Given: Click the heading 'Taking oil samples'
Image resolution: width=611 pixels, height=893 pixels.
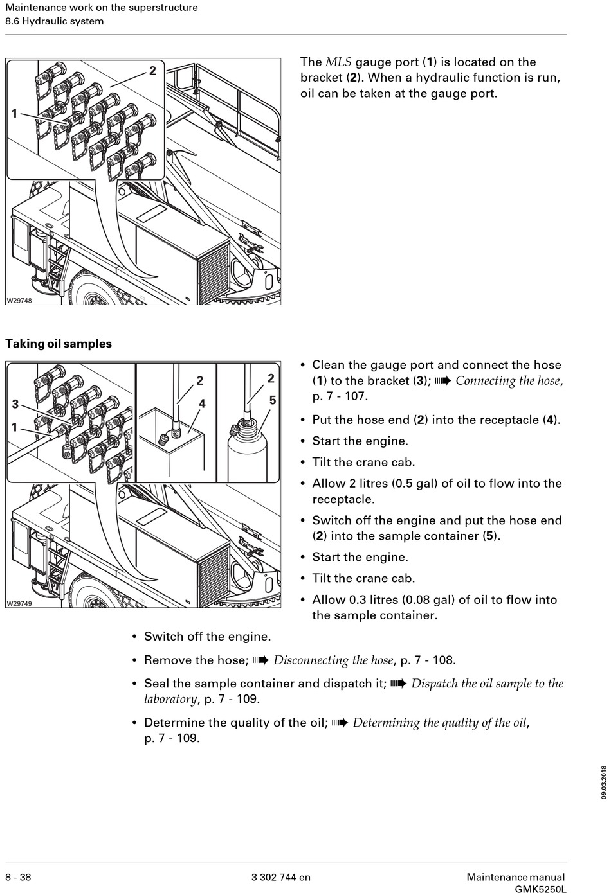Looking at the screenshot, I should coord(59,344).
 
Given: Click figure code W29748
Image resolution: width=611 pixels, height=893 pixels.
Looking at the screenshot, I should coord(19,300).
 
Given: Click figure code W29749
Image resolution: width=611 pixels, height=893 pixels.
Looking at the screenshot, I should coord(19,603).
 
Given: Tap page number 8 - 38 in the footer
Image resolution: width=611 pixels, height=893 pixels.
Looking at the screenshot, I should coord(18,877).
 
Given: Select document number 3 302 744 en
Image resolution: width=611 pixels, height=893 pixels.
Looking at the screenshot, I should coord(280,877).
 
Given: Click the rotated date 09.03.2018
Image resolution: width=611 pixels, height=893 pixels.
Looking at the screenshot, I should coord(604,782).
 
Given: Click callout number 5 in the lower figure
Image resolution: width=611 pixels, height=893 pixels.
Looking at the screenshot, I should coord(273,400).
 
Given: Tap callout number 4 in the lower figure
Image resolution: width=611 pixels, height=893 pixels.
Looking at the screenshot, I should coord(202,403).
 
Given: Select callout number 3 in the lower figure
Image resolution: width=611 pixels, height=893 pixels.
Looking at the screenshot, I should coord(15,404).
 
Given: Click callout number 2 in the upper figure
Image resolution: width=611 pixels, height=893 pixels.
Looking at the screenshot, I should coord(152,71).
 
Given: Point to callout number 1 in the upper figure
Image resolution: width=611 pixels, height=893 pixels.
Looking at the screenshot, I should coord(14,114).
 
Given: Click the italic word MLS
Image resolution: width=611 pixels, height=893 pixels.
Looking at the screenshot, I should coord(338,62).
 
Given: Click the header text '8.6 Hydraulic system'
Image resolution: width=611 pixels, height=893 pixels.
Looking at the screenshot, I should coord(55,21).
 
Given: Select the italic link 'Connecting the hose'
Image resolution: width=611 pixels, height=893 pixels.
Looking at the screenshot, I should coord(507,380).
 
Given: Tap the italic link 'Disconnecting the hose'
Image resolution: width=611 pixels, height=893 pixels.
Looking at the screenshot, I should coord(333,660).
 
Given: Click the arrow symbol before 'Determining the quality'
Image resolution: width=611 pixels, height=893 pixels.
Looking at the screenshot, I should coord(340,723).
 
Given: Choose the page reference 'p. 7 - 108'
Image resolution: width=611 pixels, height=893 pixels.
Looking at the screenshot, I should coord(427,660).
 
